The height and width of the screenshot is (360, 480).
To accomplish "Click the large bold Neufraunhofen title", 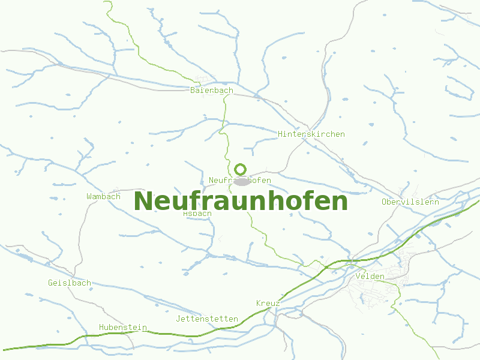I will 241,201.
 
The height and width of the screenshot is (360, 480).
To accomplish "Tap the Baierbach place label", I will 211,91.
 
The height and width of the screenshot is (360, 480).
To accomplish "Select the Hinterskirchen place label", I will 311,134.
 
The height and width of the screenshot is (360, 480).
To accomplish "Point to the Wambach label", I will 103,196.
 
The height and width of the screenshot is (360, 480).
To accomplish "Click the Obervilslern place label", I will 410,202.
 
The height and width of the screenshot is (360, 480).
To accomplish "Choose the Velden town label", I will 370,276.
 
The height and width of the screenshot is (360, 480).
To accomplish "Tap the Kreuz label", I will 268,304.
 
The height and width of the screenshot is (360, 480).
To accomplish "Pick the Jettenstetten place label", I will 207,319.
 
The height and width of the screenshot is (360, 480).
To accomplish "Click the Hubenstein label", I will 123,328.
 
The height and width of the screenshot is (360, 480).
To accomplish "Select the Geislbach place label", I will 70,283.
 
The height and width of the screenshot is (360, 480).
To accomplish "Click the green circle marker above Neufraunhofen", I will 241,169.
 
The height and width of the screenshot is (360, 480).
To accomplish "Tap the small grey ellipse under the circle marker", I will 241,181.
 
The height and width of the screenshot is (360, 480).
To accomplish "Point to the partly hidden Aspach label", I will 197,213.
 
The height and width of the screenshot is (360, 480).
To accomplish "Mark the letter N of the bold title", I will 143,201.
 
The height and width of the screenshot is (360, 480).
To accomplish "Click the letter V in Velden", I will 358,276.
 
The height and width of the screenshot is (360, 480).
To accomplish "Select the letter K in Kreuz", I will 259,304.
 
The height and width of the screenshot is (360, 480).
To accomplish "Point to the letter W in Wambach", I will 89,196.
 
